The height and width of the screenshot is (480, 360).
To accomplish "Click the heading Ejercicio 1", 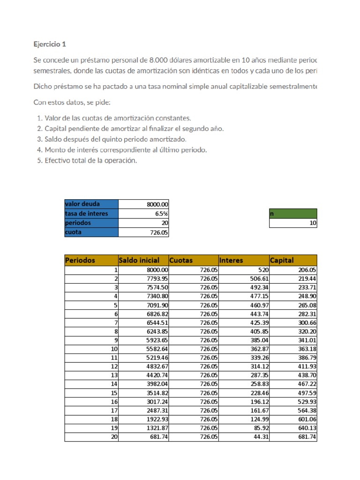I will [x=50, y=45].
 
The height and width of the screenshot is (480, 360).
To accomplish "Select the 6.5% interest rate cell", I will [x=143, y=214].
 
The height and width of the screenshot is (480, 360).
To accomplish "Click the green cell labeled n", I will [x=293, y=214].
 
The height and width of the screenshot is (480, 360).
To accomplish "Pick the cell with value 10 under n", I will [x=293, y=224].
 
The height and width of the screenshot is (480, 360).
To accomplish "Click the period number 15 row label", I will [x=114, y=393].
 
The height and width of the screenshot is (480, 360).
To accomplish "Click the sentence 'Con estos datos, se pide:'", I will [x=72, y=102].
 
